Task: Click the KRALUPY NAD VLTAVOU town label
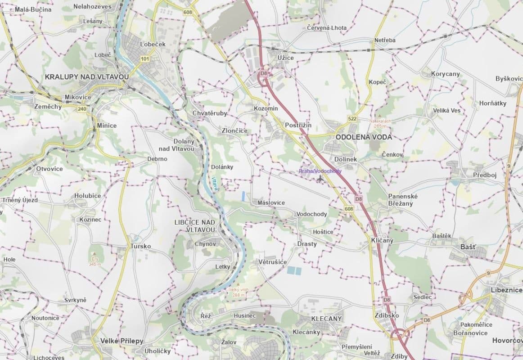(87, 77)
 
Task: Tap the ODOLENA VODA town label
(364, 137)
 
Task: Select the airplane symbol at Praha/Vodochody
(320, 179)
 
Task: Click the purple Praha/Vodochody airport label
(320, 171)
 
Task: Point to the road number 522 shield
(352, 118)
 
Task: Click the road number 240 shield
(81, 109)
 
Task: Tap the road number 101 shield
(144, 59)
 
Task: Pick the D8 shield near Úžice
(264, 73)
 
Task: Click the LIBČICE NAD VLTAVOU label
(194, 226)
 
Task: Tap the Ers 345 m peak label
(95, 262)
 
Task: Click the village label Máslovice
(271, 202)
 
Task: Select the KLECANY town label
(326, 318)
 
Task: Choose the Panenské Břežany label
(403, 200)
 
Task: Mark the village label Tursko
(140, 246)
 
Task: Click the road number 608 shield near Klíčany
(349, 209)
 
